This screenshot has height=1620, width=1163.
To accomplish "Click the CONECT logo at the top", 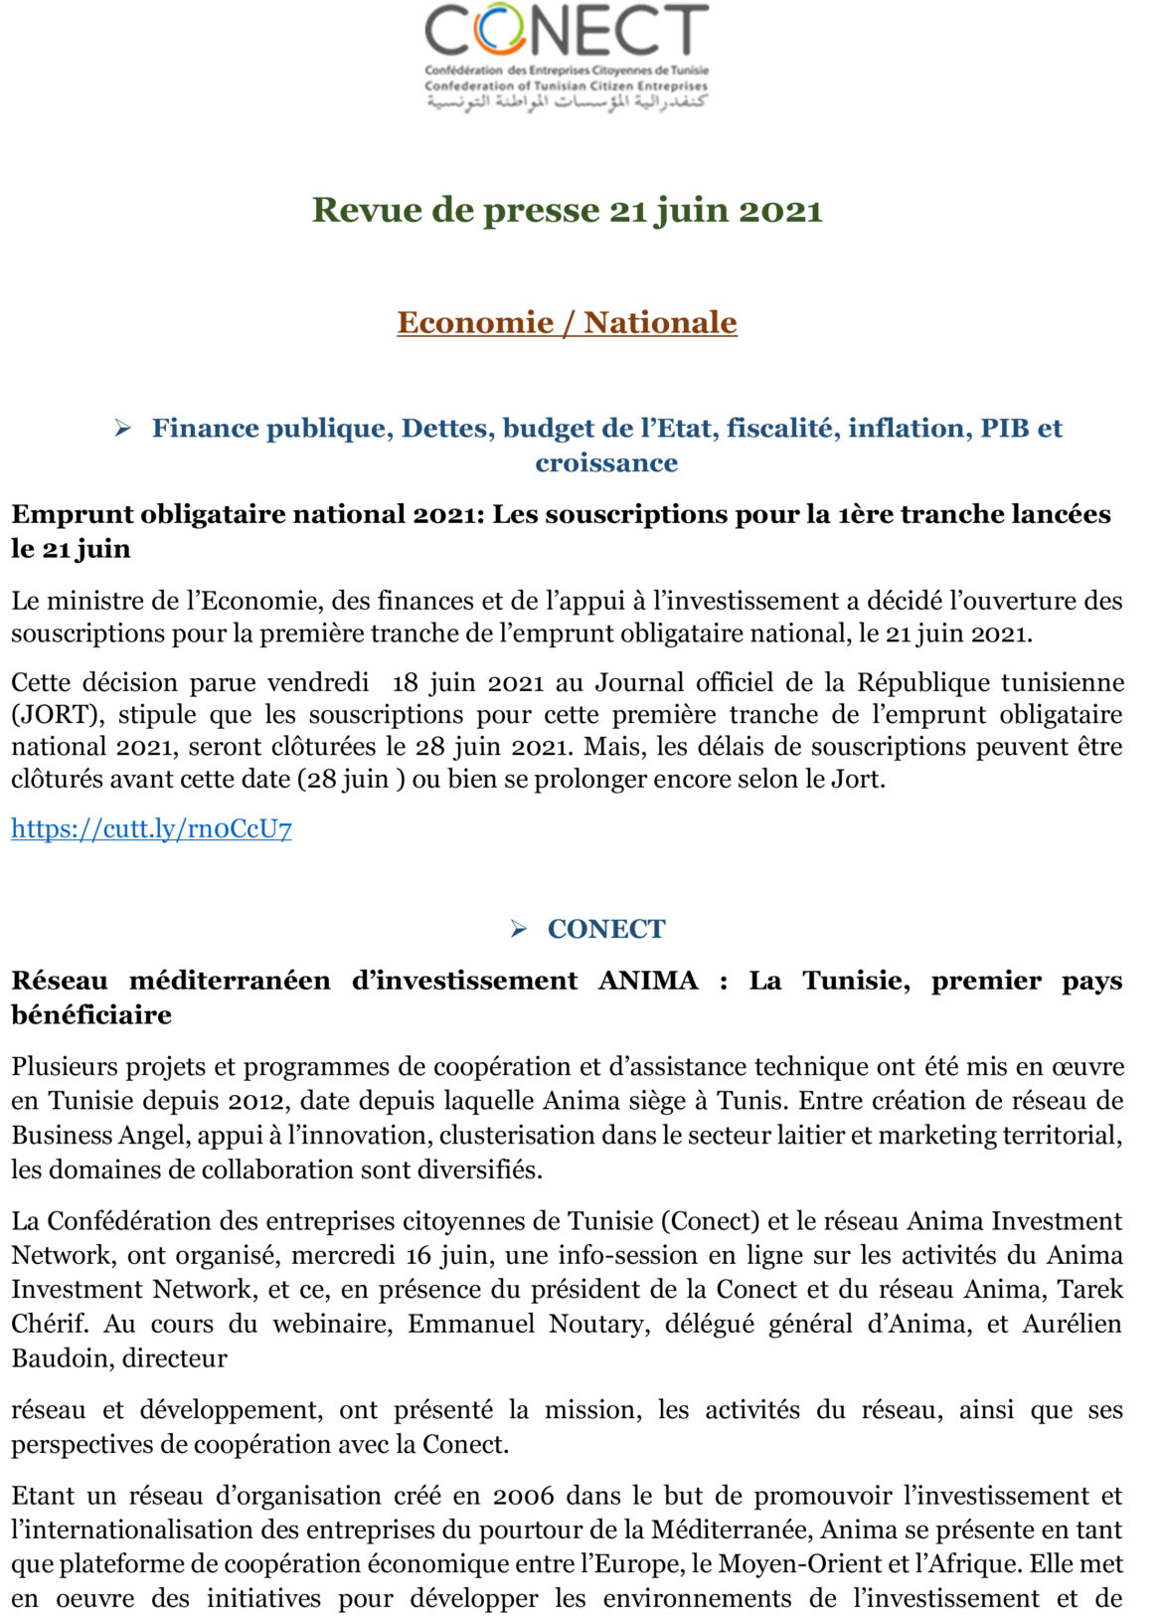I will coord(567,36).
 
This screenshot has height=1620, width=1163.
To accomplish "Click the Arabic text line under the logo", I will coord(567,102).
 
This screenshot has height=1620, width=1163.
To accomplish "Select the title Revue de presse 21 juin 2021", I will coord(567,210).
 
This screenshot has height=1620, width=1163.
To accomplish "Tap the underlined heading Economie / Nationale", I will coord(567,322).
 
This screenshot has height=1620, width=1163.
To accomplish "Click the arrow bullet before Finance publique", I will coord(123,429).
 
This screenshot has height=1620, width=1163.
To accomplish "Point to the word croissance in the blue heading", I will coord(606,462).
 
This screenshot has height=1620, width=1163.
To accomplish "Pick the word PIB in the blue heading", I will coord(1005,428).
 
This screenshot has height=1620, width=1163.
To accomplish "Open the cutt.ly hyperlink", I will coord(151,828).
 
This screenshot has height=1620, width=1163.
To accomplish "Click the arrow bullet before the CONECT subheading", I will coord(519,929).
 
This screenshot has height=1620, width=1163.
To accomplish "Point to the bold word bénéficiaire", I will coord(91,1014).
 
